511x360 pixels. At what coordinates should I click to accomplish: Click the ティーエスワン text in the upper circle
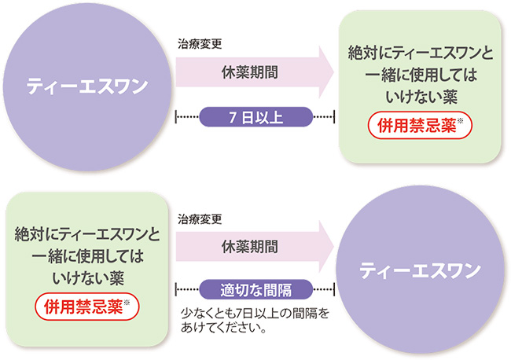click(87, 86)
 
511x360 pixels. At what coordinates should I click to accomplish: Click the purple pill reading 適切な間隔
click(256, 288)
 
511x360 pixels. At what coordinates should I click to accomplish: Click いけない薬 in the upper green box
click(420, 95)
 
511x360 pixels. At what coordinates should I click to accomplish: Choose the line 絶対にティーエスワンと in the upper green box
click(420, 54)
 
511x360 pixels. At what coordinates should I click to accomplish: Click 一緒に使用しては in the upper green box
click(420, 75)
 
